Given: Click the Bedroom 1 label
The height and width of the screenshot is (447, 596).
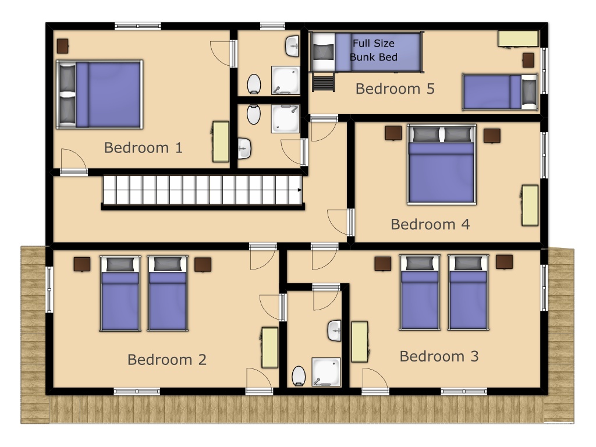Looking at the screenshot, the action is click(143, 147).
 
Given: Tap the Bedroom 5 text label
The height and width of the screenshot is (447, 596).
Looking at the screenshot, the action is click(395, 88).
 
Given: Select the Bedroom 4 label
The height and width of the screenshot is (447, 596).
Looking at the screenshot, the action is click(430, 224).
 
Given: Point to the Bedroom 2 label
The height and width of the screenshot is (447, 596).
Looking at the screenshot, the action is click(167, 360).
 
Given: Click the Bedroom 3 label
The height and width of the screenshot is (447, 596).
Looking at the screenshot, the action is click(439, 356).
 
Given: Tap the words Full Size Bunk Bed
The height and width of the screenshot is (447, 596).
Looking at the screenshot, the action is click(374, 50).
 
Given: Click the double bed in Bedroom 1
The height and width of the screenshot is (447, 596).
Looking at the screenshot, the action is click(100, 94).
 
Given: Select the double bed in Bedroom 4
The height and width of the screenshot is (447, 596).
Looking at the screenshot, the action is click(442, 164).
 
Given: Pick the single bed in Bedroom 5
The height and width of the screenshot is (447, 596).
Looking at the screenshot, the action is click(500, 92).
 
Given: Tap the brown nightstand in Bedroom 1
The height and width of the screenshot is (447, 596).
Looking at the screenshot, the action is click(63, 46).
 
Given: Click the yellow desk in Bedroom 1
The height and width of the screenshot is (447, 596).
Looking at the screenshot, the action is click(221, 141).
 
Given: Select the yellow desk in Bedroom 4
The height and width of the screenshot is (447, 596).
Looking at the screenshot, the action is click(530, 205).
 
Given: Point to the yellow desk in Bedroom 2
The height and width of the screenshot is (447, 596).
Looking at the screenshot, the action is click(270, 347).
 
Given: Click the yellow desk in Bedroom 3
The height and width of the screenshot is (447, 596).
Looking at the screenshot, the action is click(360, 342).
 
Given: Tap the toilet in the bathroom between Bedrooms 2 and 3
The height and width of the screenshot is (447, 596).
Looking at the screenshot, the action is click(299, 376).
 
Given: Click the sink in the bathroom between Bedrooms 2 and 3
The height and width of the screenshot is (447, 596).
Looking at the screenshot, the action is click(335, 331).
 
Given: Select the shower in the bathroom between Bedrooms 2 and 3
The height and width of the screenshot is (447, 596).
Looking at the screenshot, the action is click(326, 372).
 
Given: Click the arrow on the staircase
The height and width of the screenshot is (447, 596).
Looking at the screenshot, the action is click(300, 190).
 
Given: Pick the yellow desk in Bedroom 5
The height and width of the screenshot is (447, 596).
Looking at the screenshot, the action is click(519, 39).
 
